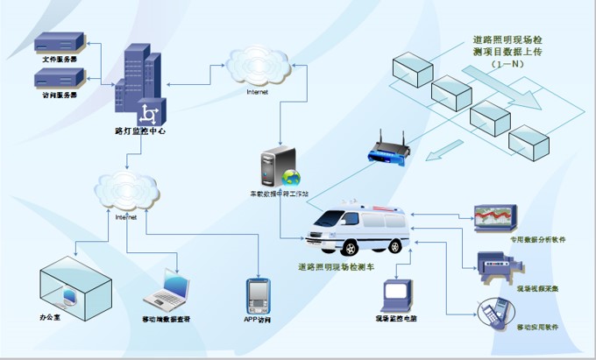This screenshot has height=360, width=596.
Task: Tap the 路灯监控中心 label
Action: [140, 131]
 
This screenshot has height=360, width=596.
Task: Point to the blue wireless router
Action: [387, 150]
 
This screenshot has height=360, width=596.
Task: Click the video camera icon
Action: [496, 265]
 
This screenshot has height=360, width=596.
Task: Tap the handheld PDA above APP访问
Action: [257, 296]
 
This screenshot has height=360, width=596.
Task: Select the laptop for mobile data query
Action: [169, 292]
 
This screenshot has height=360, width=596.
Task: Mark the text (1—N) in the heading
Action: [508, 66]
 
